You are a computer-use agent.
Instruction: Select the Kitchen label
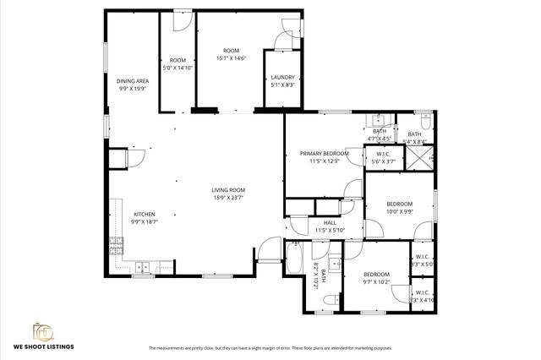coord(144,214)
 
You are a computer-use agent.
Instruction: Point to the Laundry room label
coord(282,77)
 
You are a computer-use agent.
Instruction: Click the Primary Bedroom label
coord(324,153)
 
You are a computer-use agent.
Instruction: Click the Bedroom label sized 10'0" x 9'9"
coord(400,204)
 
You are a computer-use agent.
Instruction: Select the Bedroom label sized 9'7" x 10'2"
coord(376,274)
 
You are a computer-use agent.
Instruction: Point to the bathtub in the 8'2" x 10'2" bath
coord(295,257)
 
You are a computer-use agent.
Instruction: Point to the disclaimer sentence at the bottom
coord(270,348)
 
